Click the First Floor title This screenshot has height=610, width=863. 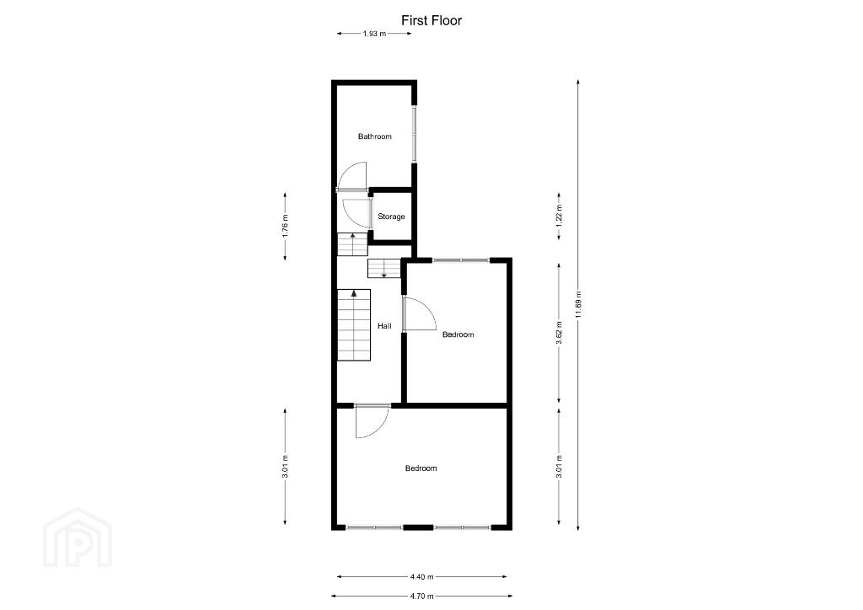tap(431, 20)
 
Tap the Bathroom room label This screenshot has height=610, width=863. tap(375, 136)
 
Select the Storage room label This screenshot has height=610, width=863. tap(391, 217)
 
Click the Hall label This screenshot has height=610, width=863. tap(384, 326)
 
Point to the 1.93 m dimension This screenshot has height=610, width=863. tap(374, 34)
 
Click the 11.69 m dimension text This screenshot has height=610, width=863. tap(578, 304)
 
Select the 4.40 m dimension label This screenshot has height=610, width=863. tap(422, 576)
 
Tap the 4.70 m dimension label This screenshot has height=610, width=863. tap(422, 596)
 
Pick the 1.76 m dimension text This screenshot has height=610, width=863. tap(285, 226)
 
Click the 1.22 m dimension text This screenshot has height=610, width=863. tap(560, 217)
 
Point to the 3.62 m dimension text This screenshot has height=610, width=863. tap(560, 333)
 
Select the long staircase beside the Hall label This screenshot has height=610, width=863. tap(354, 324)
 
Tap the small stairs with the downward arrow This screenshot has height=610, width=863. tap(383, 268)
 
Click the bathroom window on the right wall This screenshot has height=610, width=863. tap(415, 134)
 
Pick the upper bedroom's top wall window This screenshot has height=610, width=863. tap(461, 260)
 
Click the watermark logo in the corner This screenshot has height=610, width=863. tap(78, 538)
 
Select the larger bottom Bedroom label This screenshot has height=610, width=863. tap(421, 468)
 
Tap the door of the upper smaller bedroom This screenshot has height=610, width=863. tap(420, 314)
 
